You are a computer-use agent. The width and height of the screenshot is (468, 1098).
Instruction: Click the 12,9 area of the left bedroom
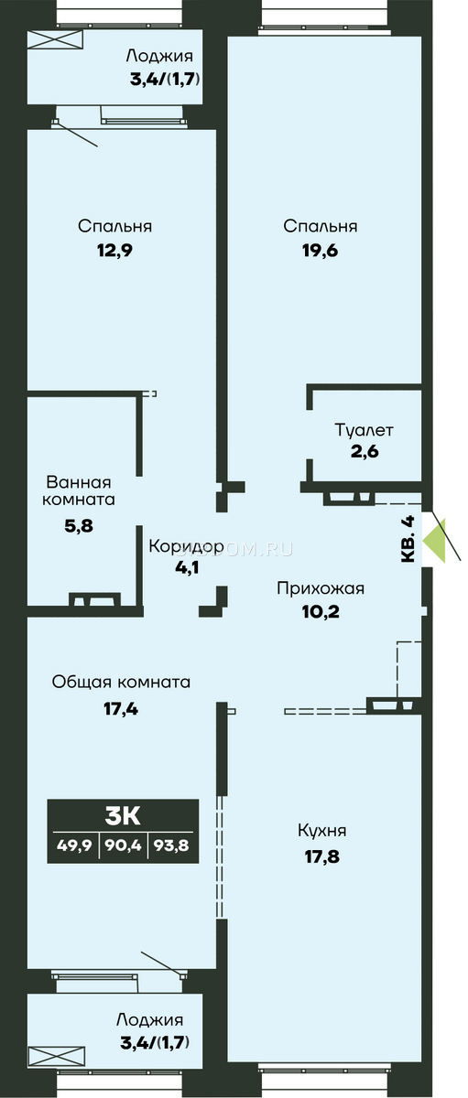(114, 251)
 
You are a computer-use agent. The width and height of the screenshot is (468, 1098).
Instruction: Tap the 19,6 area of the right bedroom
(320, 251)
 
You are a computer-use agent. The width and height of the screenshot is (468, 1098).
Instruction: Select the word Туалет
(364, 430)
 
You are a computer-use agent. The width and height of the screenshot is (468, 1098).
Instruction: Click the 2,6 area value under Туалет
(365, 451)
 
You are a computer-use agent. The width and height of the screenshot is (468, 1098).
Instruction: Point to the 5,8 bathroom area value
(79, 526)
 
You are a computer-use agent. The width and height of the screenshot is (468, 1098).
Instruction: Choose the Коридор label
(187, 545)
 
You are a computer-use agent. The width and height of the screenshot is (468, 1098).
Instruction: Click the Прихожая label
(321, 587)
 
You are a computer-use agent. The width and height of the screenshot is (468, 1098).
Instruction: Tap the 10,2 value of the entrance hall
(321, 611)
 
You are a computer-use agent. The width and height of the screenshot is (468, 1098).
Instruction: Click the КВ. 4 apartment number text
(408, 539)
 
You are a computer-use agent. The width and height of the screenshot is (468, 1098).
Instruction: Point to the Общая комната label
(121, 682)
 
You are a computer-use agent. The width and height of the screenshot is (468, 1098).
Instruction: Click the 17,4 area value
(121, 708)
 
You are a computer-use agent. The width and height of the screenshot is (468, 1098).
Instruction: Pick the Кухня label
(321, 831)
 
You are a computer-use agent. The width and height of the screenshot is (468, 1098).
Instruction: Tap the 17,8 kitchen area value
(321, 856)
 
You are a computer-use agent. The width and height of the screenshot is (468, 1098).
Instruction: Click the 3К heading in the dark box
(123, 816)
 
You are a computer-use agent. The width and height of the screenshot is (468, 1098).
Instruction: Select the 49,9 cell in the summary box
(74, 845)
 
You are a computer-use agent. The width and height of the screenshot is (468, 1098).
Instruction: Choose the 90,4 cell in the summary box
(124, 845)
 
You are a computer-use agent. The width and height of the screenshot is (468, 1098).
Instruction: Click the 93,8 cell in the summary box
(171, 845)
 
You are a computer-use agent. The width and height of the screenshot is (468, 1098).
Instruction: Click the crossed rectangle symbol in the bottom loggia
(56, 1055)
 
